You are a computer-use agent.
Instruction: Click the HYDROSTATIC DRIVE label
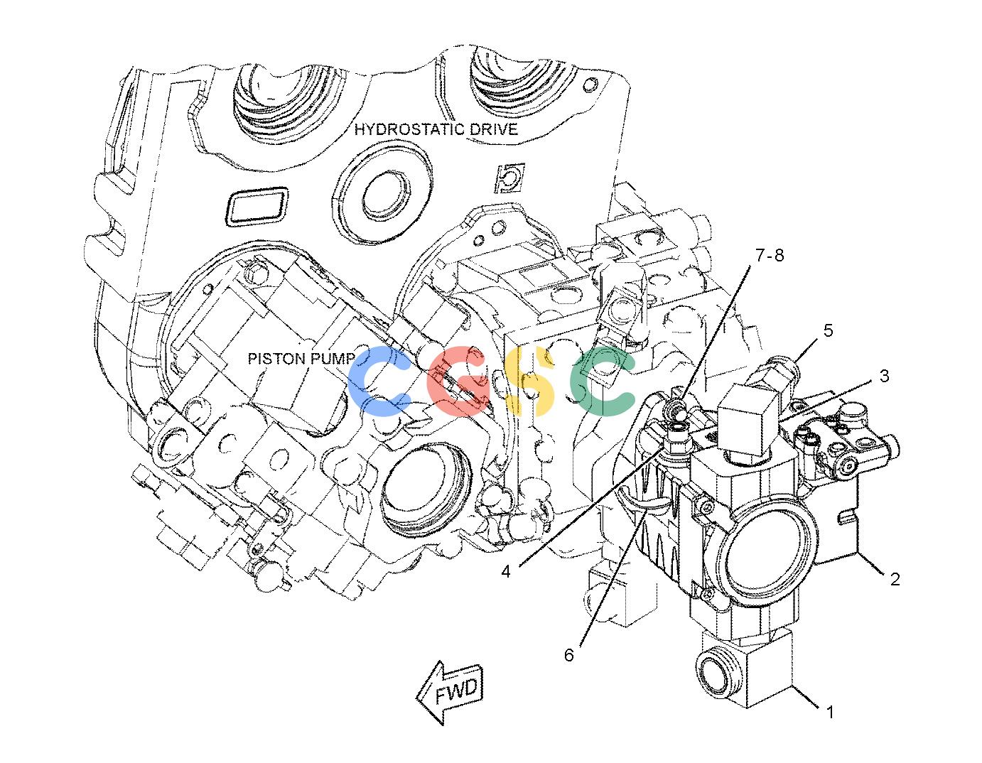pos(436,129)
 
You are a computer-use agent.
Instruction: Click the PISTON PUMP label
pos(302,358)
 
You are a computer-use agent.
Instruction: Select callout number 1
pos(830,713)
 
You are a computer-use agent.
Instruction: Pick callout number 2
pos(895,579)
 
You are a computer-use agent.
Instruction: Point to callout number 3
pos(884,376)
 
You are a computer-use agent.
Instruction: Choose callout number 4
pos(506,572)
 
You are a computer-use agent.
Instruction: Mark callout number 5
pos(828,330)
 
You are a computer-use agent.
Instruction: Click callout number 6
pos(569,655)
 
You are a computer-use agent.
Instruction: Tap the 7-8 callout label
pos(770,256)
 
